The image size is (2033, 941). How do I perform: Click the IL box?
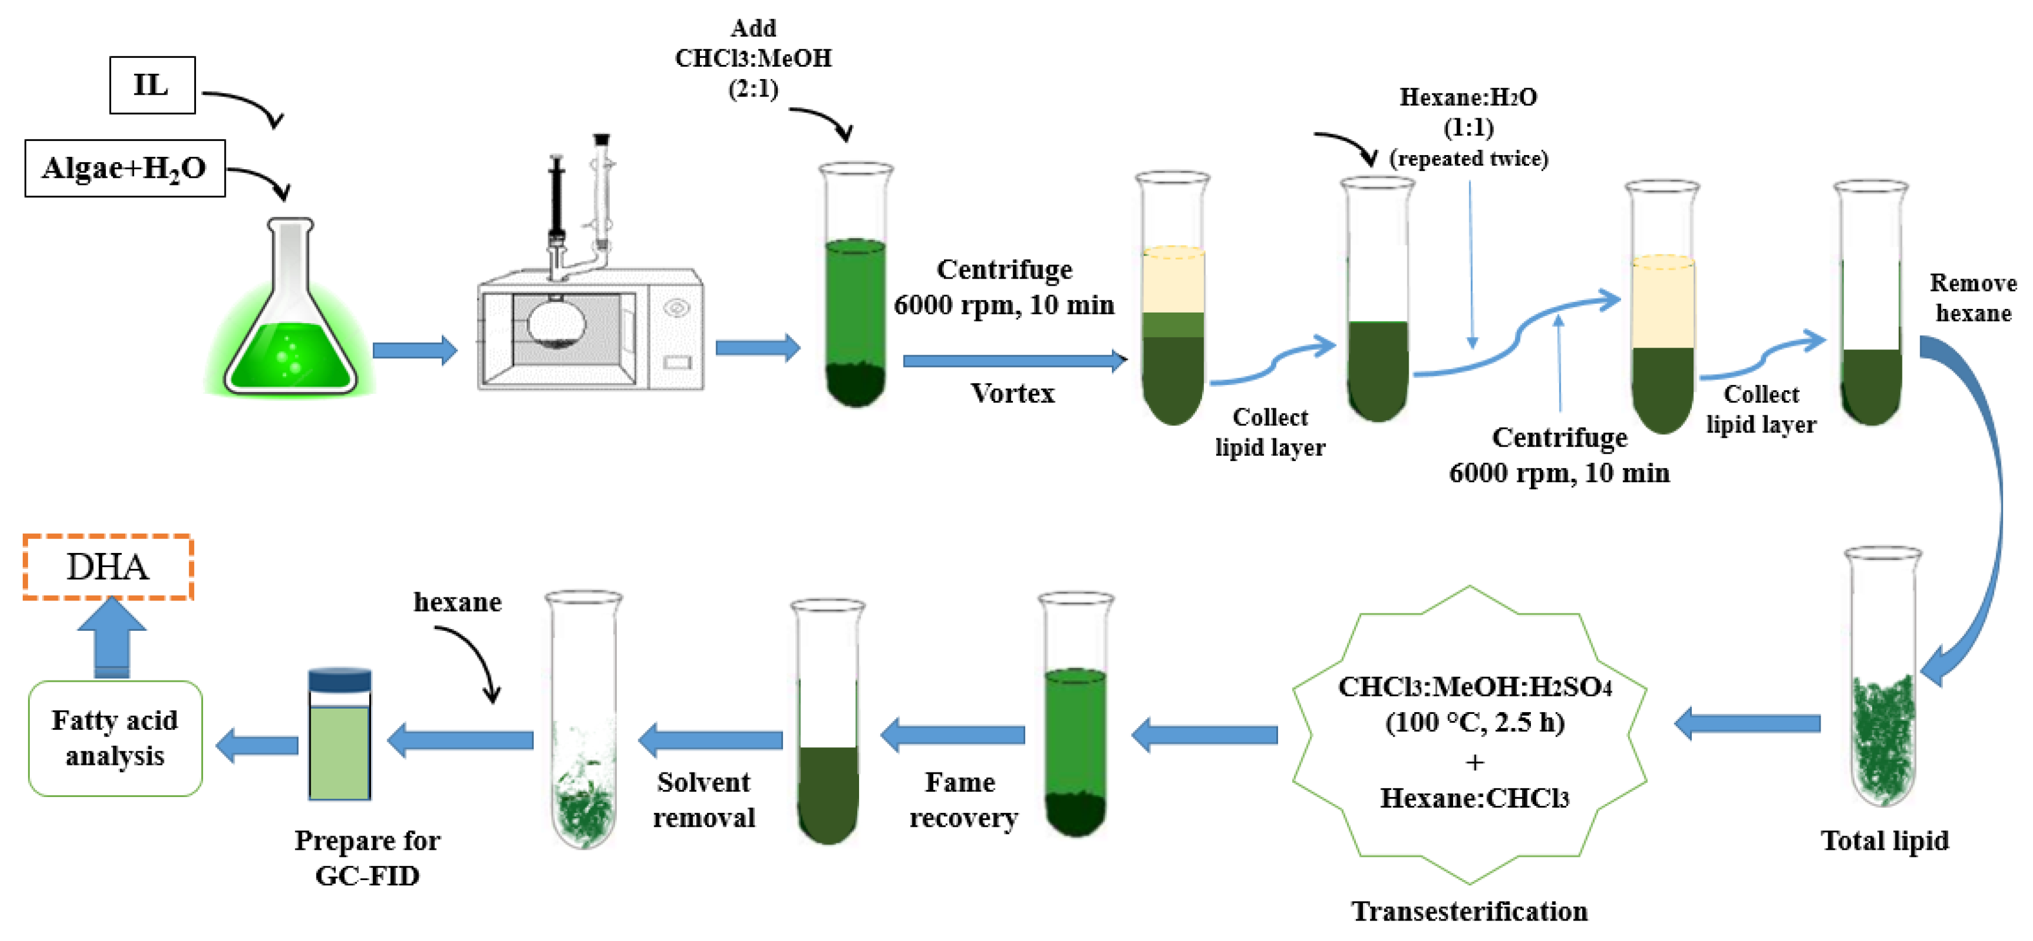152,85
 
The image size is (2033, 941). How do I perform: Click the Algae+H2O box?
125,168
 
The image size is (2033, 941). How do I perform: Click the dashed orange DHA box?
108,567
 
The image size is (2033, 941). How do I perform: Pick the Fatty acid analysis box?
115,738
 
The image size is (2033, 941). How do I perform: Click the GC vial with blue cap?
339,734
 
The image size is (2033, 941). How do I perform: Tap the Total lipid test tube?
1882,679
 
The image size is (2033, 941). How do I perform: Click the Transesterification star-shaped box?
1469,734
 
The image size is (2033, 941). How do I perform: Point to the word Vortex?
1012,393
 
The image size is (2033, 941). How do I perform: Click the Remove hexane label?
1972,298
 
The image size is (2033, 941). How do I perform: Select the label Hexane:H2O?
1468,98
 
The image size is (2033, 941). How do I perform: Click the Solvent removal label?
703,800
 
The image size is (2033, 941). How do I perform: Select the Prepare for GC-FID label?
367,857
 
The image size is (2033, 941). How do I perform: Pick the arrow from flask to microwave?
414,350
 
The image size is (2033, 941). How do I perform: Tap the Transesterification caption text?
1469,911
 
